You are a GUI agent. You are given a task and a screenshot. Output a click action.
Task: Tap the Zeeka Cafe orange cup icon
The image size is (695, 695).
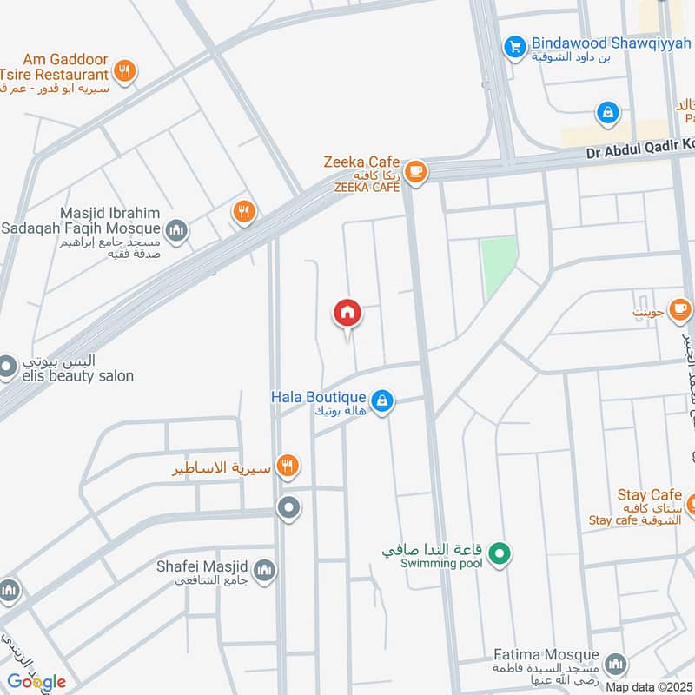pyautogui.click(x=416, y=171)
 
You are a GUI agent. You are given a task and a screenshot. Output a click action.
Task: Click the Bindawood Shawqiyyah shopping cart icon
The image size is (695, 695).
pyautogui.click(x=515, y=46)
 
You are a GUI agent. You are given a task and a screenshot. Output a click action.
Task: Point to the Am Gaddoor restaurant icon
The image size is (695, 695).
pyautogui.click(x=126, y=71)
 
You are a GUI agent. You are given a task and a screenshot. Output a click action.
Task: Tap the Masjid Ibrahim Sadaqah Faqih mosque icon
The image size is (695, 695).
pyautogui.click(x=176, y=230)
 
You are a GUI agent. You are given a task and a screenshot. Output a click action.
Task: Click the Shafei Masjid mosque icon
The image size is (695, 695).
pyautogui.click(x=266, y=570)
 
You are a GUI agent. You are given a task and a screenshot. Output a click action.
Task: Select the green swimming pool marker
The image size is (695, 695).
pyautogui.click(x=499, y=552)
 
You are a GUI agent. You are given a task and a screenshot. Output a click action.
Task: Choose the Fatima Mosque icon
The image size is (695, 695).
pyautogui.click(x=615, y=665)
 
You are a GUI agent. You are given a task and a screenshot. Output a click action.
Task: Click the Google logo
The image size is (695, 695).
pyautogui.click(x=36, y=681)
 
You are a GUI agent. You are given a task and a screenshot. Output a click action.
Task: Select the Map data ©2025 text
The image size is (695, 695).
pyautogui.click(x=650, y=686)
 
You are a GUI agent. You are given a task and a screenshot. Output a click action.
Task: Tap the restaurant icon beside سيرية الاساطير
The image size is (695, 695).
pyautogui.click(x=288, y=467)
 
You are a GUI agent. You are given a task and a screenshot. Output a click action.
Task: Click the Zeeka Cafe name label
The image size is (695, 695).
pyautogui.click(x=361, y=162)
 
